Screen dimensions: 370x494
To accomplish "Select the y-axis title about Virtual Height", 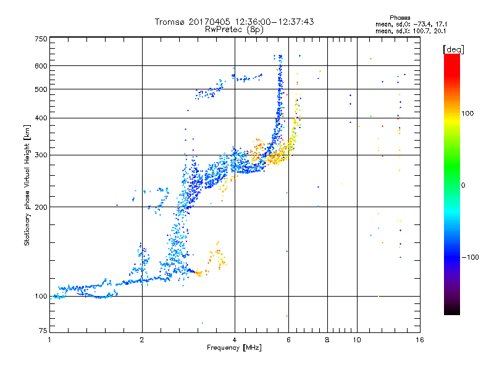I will tap(27, 184).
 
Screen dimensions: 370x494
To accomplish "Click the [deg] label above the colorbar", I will tap(454, 49).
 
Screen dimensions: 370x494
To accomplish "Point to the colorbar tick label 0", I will tap(464, 186).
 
